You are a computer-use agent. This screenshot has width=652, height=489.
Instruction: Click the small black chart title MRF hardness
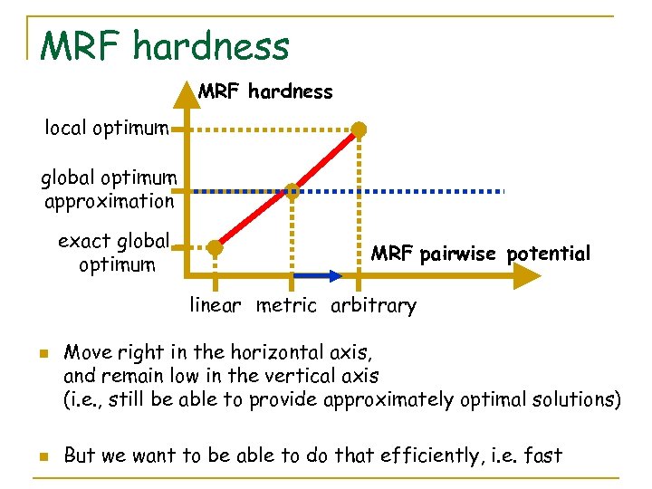tap(265, 91)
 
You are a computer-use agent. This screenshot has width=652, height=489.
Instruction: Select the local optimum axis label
tap(107, 128)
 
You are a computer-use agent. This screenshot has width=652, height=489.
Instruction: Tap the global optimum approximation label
tap(109, 189)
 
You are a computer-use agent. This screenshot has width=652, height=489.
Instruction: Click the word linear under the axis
tap(215, 305)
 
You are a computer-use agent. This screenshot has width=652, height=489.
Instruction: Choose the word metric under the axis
tap(286, 305)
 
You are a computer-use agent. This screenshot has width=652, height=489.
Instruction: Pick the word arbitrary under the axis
tap(373, 305)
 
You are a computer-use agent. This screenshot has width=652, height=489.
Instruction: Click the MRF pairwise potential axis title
tap(480, 254)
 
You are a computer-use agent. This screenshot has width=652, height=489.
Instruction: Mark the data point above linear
tap(215, 247)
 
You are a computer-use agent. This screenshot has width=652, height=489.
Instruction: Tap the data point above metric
tap(292, 190)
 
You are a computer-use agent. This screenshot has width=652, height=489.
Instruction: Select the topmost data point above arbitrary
tap(360, 129)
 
